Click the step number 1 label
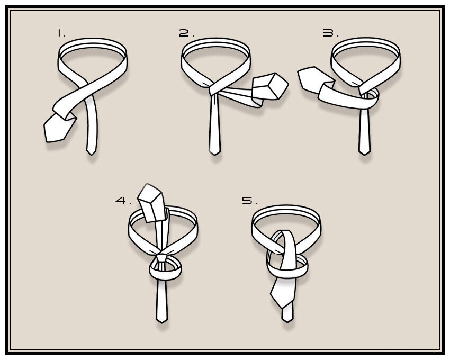click(x=61, y=33)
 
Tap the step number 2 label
click(x=186, y=33)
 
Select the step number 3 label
click(x=330, y=33)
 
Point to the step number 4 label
click(x=123, y=200)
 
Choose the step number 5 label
click(x=250, y=200)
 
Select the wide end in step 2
click(x=270, y=86)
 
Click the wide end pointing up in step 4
click(x=151, y=203)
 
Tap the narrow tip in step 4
click(x=162, y=320)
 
